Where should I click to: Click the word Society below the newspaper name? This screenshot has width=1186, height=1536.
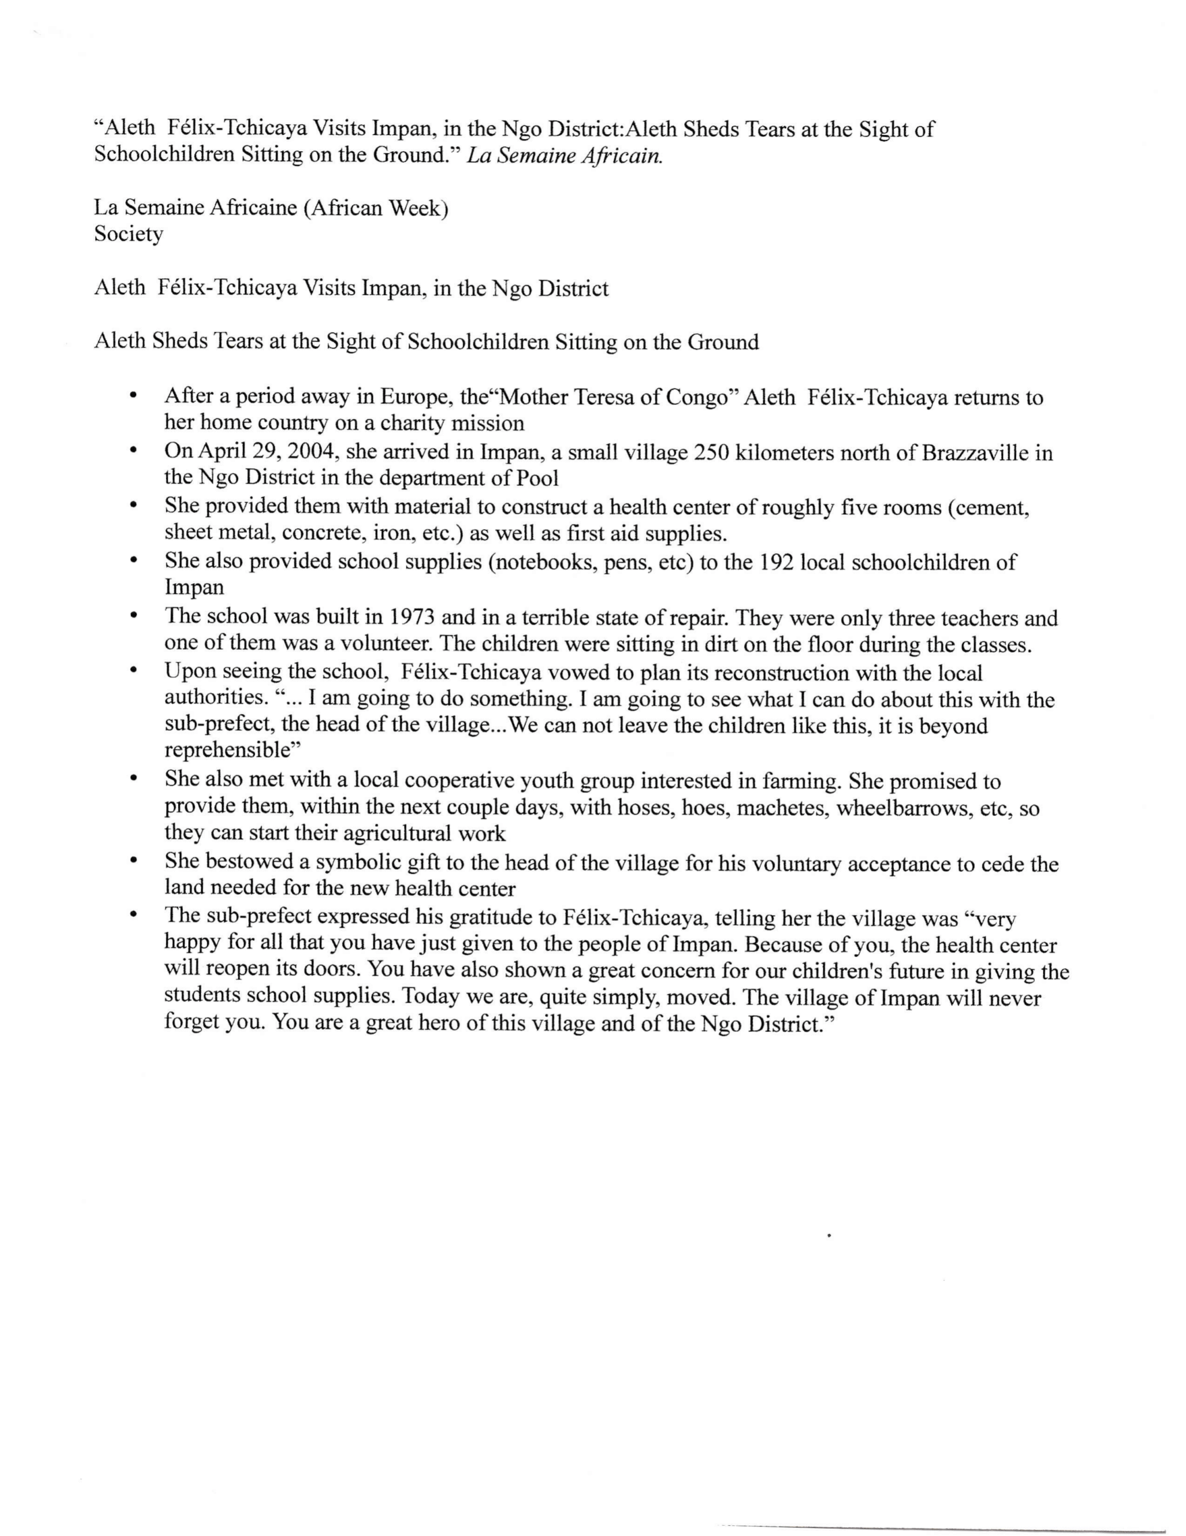[x=129, y=234]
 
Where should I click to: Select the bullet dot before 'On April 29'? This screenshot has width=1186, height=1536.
[x=133, y=450]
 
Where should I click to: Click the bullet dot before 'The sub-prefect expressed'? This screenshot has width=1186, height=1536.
[x=133, y=916]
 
